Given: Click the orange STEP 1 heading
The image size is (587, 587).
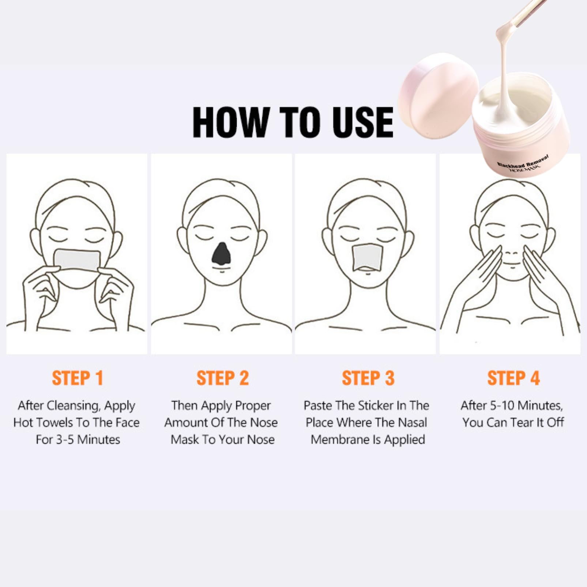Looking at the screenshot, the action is tap(77, 378).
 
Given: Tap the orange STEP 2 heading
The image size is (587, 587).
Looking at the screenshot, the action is tap(222, 378).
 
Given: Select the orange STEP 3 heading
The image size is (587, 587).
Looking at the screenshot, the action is tap(368, 378).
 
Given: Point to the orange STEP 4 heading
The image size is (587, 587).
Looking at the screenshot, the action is tap(513, 378).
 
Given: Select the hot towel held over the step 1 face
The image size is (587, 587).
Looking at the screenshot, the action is tap(77, 260).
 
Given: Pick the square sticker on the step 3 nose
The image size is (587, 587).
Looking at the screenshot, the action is tap(367, 258).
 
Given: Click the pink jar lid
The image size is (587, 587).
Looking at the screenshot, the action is tap(438, 92).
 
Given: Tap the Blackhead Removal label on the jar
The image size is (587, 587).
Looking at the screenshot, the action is tap(523, 161).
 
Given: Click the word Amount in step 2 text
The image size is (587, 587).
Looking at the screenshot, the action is tap(187, 423).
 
